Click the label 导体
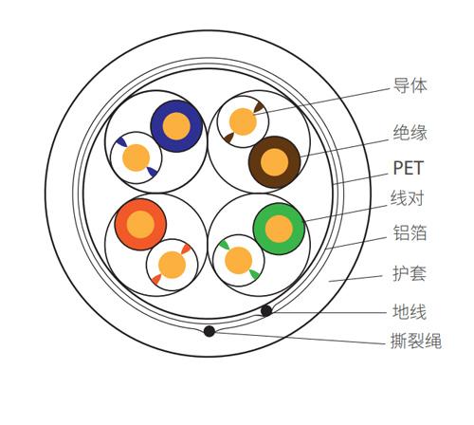(410, 85)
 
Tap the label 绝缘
(410, 133)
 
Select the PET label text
(408, 168)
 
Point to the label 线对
(407, 198)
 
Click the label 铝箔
(410, 232)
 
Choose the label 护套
(410, 273)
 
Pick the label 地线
(410, 311)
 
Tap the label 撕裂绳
(416, 341)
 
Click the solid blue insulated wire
(176, 126)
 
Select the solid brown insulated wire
(274, 162)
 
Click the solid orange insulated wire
(140, 225)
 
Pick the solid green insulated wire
(279, 229)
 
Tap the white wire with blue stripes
(136, 157)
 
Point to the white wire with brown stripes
(243, 121)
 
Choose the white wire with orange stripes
(172, 265)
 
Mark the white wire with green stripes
(239, 261)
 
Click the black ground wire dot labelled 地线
(266, 311)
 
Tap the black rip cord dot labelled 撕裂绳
(210, 331)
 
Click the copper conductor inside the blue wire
(176, 126)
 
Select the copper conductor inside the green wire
(279, 229)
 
